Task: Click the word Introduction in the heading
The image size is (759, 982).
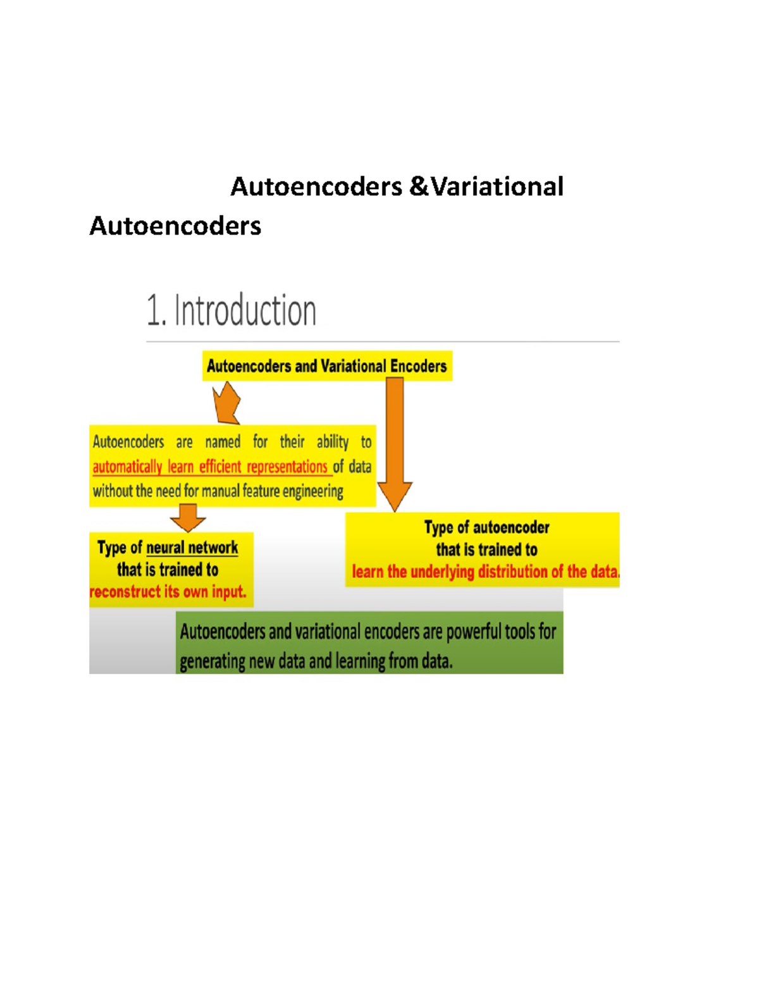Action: click(x=245, y=311)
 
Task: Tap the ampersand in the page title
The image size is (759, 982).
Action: click(x=418, y=187)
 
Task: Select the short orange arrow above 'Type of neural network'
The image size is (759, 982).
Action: click(x=188, y=517)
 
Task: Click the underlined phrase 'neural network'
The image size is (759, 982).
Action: click(x=192, y=548)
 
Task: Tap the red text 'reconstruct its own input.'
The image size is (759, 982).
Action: click(x=168, y=592)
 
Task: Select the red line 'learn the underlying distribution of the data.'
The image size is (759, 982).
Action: click(x=485, y=572)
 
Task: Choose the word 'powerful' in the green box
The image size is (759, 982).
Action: click(x=474, y=632)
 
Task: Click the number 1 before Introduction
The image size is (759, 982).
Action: click(x=154, y=311)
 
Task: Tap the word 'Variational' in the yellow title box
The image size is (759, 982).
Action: click(x=353, y=366)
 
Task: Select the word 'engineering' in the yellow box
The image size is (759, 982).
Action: click(x=312, y=491)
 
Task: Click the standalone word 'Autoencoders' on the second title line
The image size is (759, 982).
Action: click(x=175, y=226)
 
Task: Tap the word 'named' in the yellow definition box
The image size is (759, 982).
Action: click(x=223, y=442)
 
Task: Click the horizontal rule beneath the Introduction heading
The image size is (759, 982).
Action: click(x=383, y=341)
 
